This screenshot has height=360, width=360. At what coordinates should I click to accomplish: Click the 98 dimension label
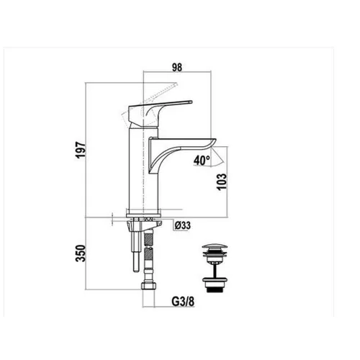pos(177,68)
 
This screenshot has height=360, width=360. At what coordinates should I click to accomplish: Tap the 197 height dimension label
pos(81,150)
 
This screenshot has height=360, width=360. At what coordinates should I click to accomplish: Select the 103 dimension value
pos(222,181)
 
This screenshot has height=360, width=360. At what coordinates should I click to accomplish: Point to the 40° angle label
pos(202,161)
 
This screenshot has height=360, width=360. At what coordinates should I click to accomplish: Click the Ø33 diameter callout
pos(183,225)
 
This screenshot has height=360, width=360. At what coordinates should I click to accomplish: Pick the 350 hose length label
pos(81,253)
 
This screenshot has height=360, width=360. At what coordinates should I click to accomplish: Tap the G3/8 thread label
pos(183,302)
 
